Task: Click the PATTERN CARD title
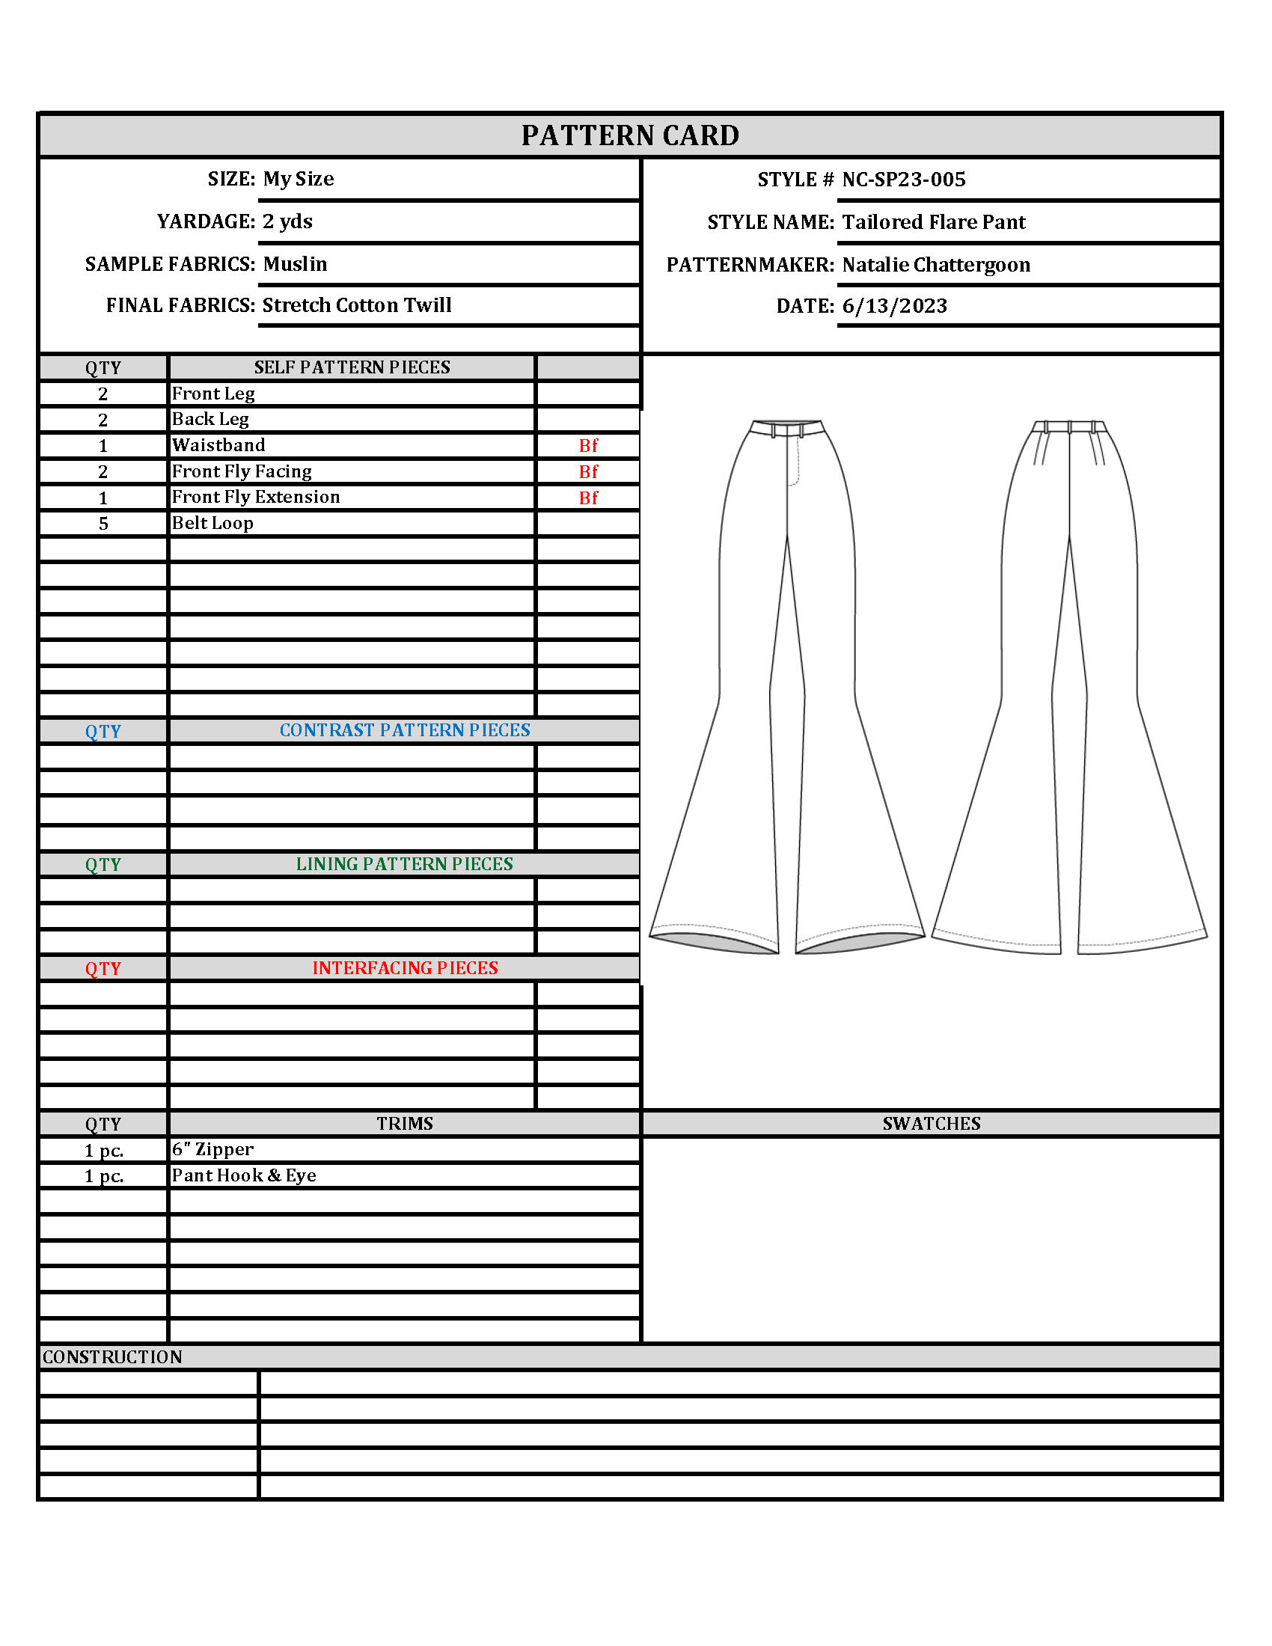point(630,135)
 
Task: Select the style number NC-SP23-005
point(904,180)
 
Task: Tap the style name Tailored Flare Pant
point(934,222)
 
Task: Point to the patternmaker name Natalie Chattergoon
point(936,265)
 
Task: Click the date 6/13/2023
point(894,306)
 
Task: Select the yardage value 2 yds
point(287,221)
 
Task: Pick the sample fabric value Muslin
point(295,264)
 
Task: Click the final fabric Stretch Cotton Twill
point(356,305)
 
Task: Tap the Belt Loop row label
point(212,523)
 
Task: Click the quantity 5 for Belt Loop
point(103,524)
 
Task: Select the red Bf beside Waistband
point(589,446)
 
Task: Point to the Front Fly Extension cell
point(255,498)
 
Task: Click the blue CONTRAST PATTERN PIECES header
point(405,730)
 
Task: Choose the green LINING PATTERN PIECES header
point(405,864)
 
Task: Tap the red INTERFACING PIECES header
point(405,968)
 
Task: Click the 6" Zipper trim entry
point(212,1149)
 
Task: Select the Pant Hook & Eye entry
point(243,1175)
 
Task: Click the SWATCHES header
point(932,1124)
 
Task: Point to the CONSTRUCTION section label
point(112,1357)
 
